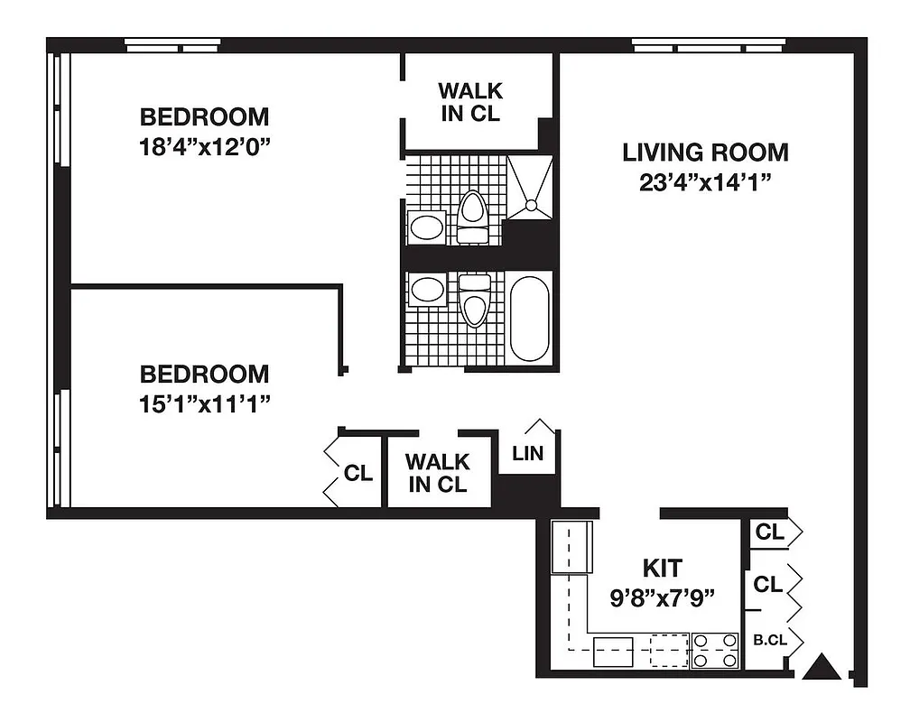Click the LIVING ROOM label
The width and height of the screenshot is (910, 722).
pos(705,152)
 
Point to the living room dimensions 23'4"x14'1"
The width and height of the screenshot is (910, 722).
pos(705,181)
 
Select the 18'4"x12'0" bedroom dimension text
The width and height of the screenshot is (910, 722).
pos(204,146)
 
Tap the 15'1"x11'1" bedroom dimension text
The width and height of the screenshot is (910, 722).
pos(204,403)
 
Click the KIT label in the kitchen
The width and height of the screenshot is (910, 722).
pos(662,569)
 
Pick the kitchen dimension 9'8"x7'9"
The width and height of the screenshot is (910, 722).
pos(662,597)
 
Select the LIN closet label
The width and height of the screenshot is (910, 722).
pos(528,453)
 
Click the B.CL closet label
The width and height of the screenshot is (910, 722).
pos(769,641)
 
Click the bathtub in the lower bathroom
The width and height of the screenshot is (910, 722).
pos(528,319)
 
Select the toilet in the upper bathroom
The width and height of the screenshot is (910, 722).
pos(472,218)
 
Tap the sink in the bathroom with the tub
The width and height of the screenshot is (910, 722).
pos(426,291)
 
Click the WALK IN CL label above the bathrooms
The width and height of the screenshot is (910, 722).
pos(469,102)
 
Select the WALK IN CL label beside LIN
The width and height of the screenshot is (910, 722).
pos(437,473)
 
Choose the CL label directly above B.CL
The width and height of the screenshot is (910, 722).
pos(767,585)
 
